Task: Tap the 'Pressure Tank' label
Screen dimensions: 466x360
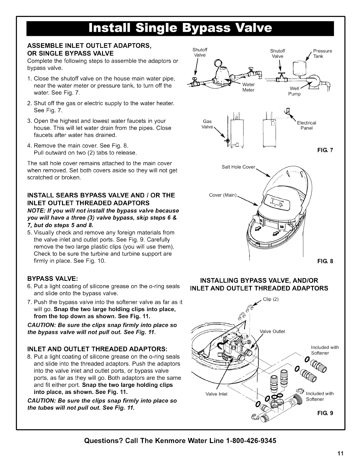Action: pyautogui.click(x=323, y=54)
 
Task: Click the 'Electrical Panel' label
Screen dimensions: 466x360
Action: pyautogui.click(x=306, y=126)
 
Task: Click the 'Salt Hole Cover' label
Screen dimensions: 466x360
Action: pyautogui.click(x=239, y=167)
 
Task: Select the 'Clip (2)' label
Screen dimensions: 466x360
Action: pyautogui.click(x=271, y=299)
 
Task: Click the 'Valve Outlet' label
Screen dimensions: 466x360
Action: pyautogui.click(x=272, y=332)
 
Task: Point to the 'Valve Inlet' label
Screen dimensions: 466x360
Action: pyautogui.click(x=216, y=394)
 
